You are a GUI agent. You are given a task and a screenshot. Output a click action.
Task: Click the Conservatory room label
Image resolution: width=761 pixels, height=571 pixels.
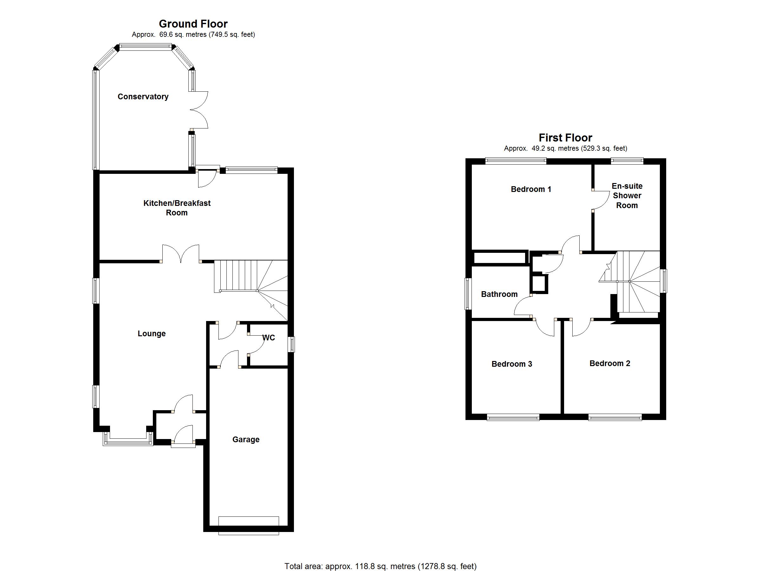coord(143,97)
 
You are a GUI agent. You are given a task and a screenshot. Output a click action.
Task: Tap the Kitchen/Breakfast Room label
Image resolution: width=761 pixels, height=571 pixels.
coord(177,208)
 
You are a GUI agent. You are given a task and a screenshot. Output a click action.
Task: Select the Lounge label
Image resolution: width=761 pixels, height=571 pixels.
coord(152,333)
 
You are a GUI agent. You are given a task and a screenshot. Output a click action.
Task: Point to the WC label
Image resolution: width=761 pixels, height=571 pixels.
coord(269,338)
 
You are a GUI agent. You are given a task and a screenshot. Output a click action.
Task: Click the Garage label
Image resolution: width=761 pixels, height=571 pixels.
coord(246,440)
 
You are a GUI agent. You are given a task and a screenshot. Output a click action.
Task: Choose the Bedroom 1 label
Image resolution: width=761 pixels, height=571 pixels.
coord(531,189)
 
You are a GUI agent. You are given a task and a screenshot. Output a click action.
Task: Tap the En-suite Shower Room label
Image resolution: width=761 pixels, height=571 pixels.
coord(627,195)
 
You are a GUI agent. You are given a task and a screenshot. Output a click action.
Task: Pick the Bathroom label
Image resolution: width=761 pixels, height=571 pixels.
coord(499,294)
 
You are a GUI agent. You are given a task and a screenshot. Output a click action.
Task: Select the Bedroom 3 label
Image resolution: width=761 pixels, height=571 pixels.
coord(511,364)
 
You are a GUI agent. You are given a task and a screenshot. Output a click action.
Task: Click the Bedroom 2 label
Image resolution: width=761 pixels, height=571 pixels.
coord(610,363)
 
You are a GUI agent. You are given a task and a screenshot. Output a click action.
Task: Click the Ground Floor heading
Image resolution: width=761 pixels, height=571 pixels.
coord(193,24)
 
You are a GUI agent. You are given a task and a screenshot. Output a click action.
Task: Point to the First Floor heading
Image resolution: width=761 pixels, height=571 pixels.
coord(565,138)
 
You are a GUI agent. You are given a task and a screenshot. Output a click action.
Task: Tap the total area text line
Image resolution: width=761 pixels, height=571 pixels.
coord(380,566)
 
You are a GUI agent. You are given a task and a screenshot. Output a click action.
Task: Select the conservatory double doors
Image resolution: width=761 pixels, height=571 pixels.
coord(199,110)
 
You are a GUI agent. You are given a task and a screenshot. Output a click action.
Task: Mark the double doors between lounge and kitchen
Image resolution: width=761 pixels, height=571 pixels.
coord(181,254)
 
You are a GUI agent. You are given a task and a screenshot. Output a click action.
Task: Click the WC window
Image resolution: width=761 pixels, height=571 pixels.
coord(291,344)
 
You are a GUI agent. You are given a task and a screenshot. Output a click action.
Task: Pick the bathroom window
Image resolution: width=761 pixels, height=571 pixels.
coord(468,294)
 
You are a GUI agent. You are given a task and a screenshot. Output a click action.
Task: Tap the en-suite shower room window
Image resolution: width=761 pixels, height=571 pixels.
coord(627,160)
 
